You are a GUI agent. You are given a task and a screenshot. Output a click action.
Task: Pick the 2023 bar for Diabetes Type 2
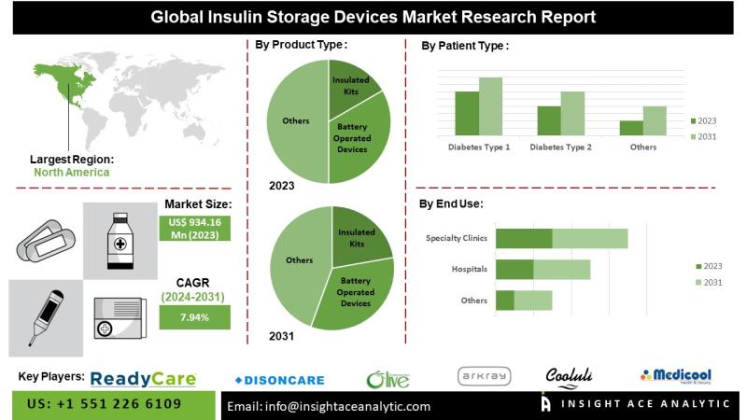[549, 120]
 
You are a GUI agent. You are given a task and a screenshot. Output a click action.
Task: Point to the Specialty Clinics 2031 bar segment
[589, 239]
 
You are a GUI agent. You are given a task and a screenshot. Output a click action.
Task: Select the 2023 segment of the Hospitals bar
[514, 270]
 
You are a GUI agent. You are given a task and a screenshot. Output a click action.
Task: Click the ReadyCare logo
[144, 378]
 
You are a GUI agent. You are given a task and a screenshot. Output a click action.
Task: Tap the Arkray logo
[485, 376]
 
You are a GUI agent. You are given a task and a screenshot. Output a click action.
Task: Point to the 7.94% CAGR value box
[194, 317]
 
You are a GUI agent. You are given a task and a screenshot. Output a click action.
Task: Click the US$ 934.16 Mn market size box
[194, 228]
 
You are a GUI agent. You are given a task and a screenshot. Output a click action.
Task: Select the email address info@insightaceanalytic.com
[331, 406]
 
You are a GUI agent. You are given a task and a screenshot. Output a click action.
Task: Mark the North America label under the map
[71, 173]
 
